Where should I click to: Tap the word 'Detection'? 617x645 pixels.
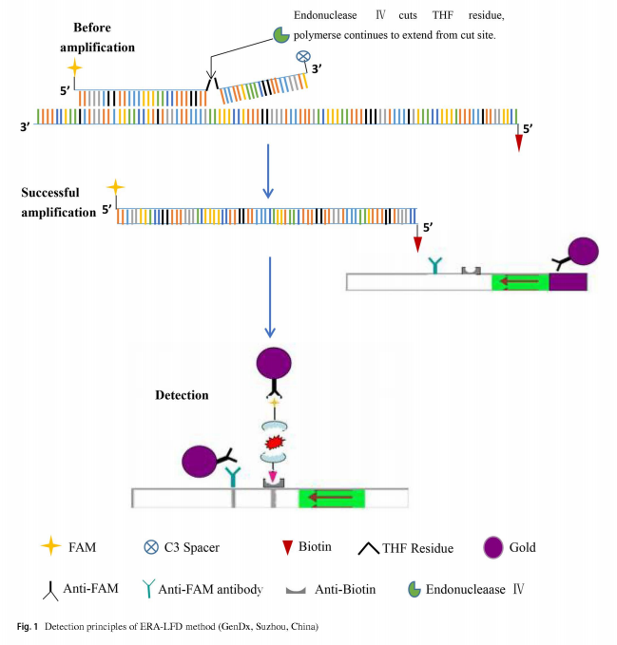point(182,394)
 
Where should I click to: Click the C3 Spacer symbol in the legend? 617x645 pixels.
point(151,548)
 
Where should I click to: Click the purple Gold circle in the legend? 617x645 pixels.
point(492,547)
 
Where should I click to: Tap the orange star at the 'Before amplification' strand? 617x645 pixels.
point(75,69)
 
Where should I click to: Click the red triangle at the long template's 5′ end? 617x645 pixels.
point(518,142)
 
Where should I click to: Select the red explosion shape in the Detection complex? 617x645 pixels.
point(273,443)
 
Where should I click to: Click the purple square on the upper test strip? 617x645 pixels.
point(568,281)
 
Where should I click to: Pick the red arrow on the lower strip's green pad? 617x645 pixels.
point(332,498)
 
